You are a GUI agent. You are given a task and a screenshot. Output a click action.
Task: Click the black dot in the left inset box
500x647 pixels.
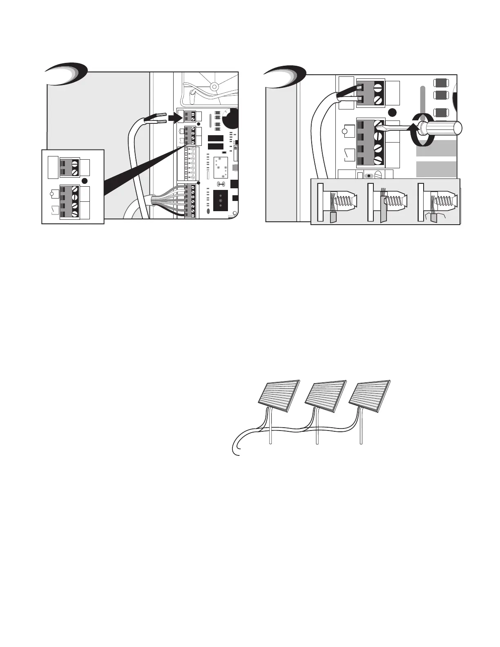pos(85,181)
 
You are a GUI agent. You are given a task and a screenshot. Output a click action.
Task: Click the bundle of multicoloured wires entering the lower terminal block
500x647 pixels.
pos(167,200)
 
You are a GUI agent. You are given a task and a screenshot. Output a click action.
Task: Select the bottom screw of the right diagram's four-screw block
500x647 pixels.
pos(378,160)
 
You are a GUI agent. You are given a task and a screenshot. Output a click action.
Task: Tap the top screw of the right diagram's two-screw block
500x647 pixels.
pos(377,87)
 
